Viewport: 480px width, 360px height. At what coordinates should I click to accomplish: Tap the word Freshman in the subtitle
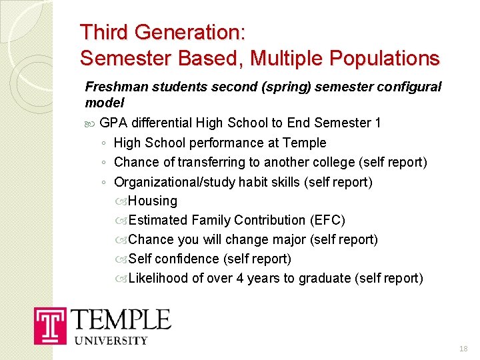pos(111,87)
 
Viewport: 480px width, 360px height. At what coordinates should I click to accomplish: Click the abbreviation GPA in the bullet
pos(114,123)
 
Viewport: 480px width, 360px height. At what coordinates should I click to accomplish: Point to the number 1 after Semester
pos(378,123)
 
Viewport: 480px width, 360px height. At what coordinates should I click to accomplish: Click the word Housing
pos(153,201)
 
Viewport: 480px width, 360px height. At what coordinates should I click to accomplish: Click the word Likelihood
pos(158,278)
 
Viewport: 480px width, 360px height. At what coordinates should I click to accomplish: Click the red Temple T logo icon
pos(51,325)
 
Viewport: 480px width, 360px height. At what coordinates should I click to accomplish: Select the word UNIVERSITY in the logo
pos(111,341)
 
